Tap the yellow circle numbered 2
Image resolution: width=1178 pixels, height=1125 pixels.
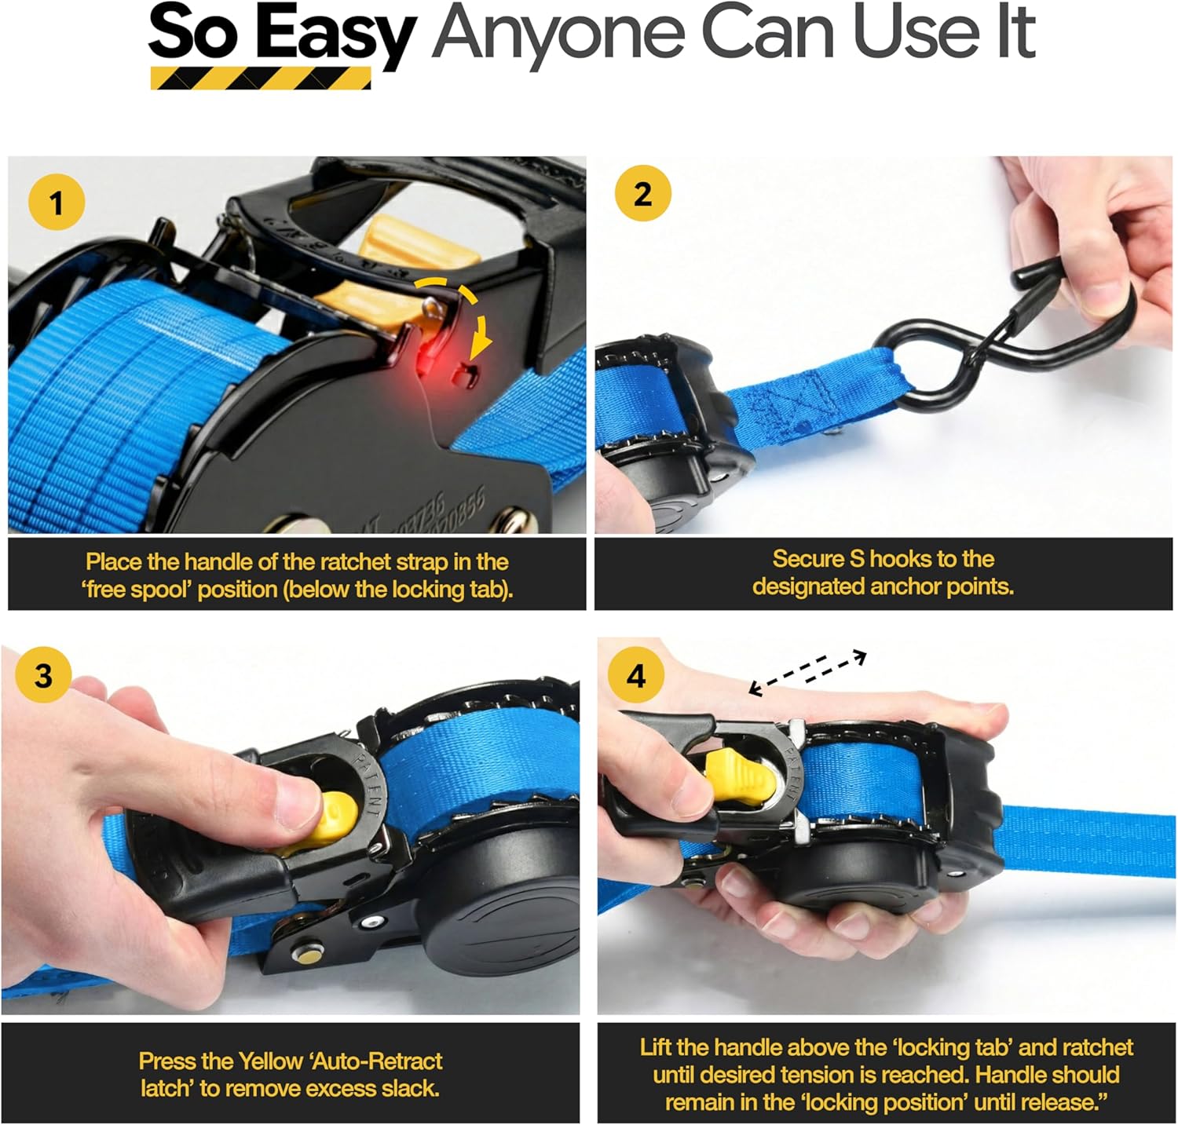tap(642, 193)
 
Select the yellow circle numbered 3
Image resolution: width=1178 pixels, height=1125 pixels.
tap(43, 674)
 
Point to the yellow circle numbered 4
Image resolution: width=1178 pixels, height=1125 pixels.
tap(637, 675)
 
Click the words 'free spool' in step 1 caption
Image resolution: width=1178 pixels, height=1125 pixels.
tap(137, 590)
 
